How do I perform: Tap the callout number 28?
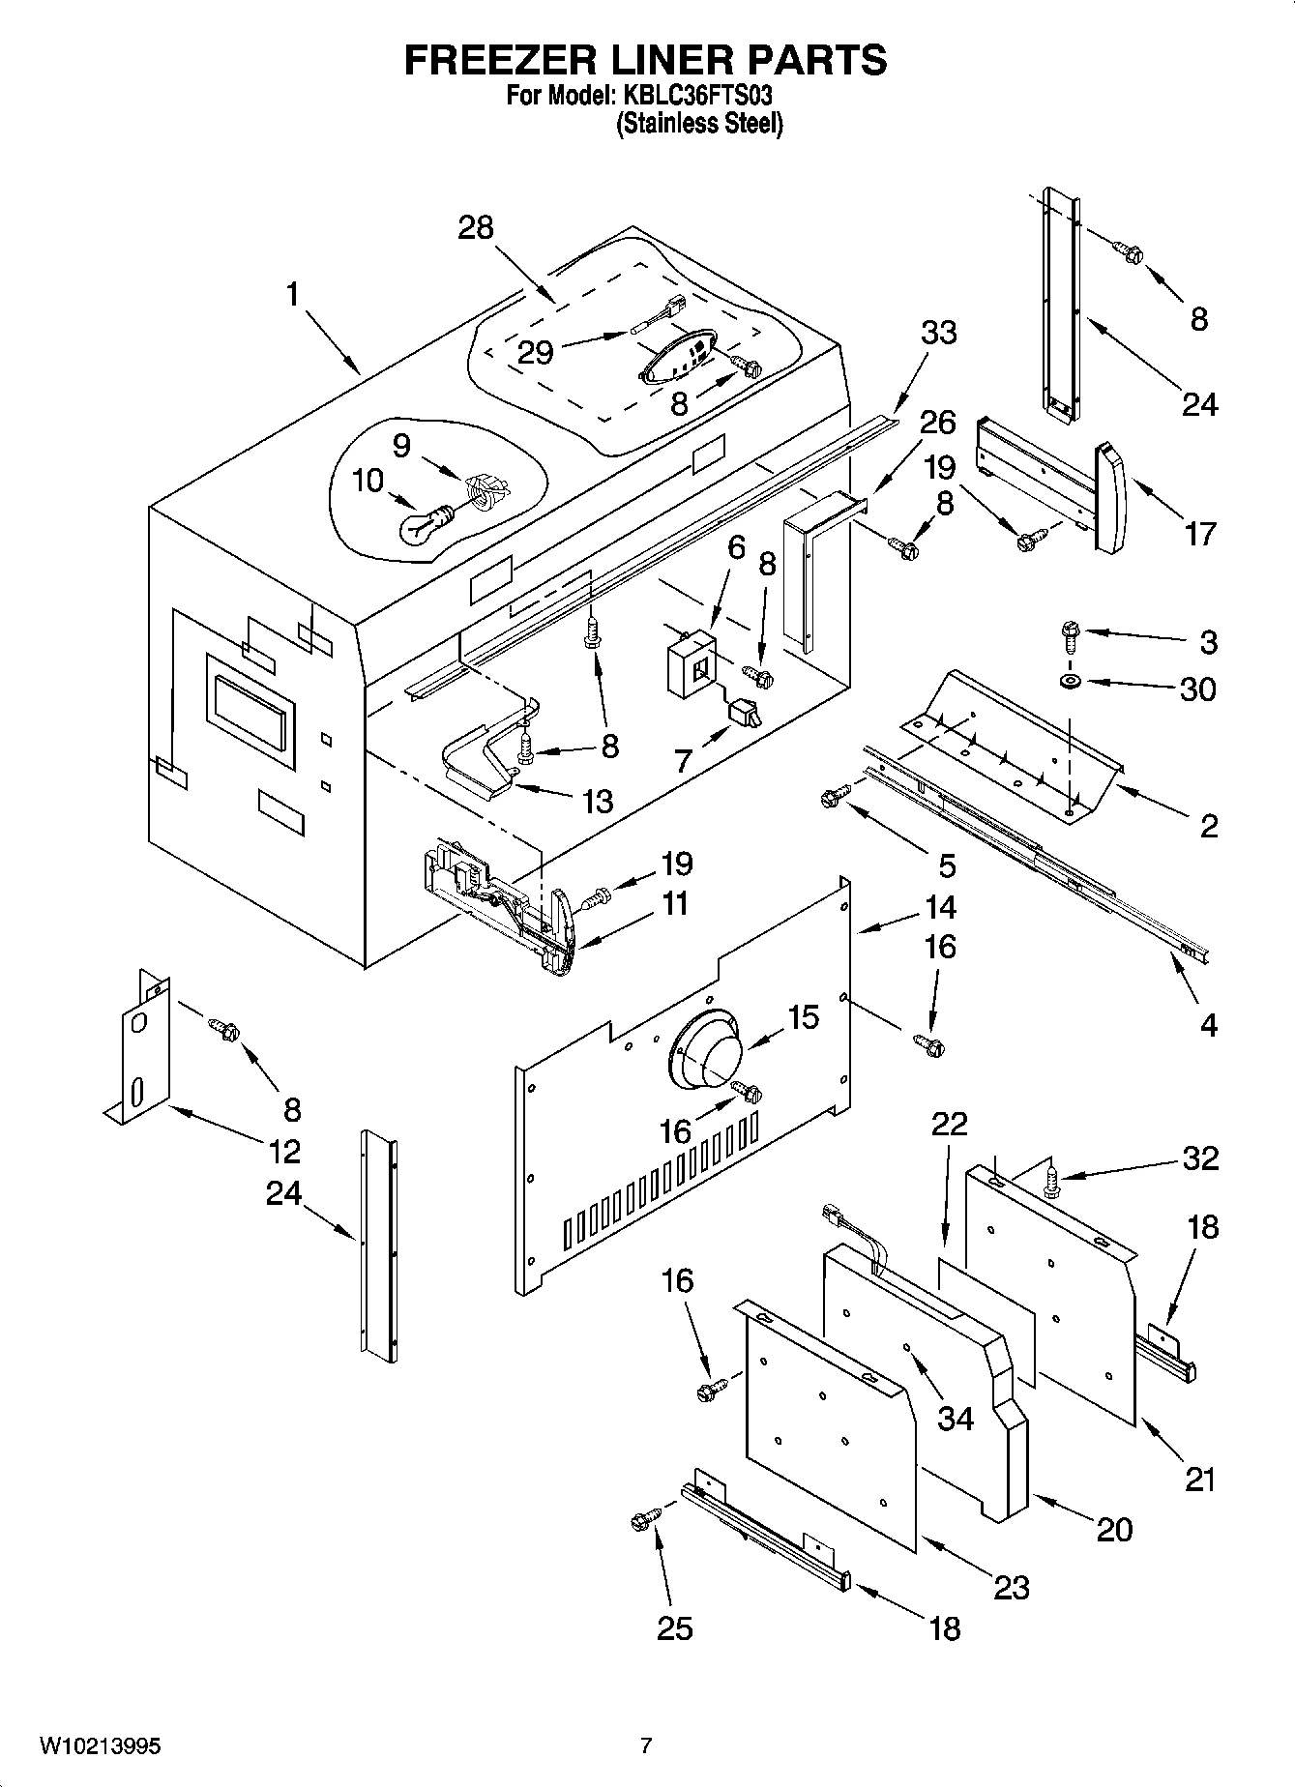tap(475, 227)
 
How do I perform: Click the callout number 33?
tap(937, 332)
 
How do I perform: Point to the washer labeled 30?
tap(1071, 683)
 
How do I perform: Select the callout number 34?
tap(956, 1418)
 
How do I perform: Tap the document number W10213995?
tap(100, 1745)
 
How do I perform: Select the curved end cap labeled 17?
tap(1110, 497)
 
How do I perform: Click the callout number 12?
tap(284, 1151)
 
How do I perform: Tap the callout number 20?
tap(1113, 1529)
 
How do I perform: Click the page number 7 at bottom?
tap(646, 1745)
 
